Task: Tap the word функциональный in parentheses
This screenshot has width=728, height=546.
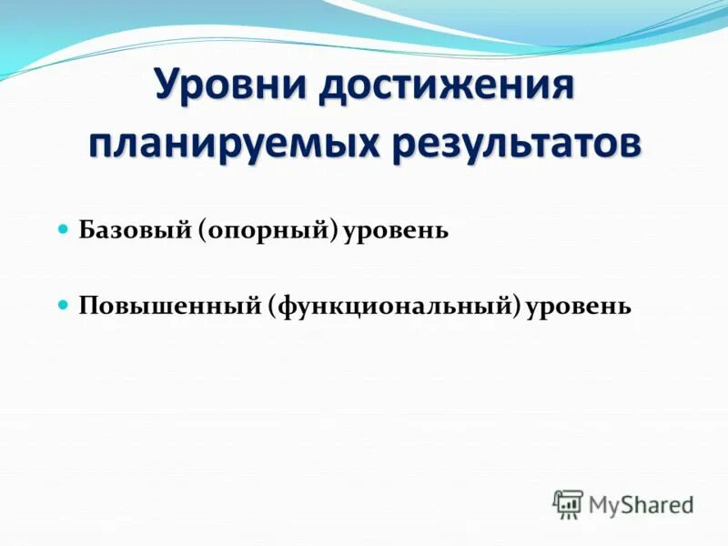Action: [395, 305]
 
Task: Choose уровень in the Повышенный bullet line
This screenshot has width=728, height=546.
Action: [579, 305]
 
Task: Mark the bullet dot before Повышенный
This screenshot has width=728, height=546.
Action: [63, 304]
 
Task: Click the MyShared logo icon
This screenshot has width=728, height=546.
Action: [568, 503]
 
